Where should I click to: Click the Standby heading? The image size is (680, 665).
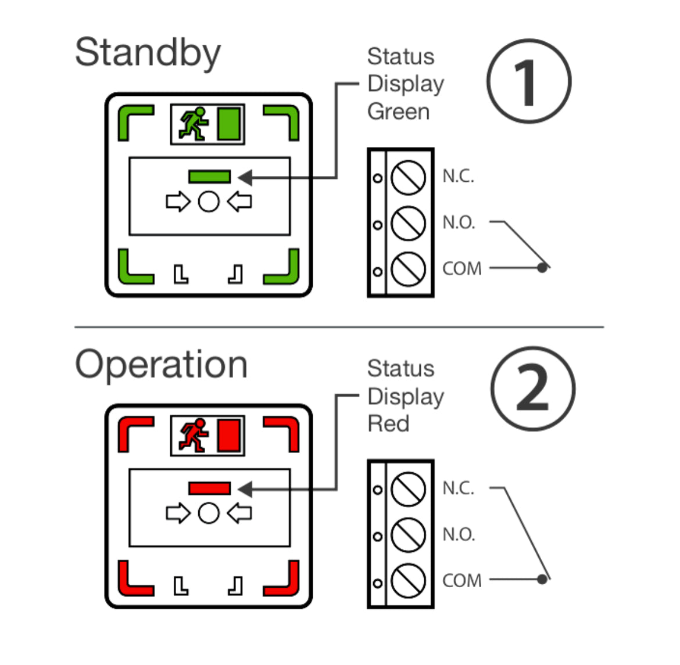coord(148,53)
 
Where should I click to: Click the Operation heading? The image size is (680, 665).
coord(161,365)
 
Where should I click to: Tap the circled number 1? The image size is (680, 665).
coord(528,81)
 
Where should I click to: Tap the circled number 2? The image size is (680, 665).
coord(532,389)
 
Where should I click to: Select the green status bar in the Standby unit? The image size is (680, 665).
coord(209,176)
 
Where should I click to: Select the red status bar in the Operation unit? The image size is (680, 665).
coord(209,488)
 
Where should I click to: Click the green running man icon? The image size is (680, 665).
coord(194,124)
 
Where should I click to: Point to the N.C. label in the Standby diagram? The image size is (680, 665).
coord(458,177)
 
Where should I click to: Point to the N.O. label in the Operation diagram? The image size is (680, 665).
coord(459,534)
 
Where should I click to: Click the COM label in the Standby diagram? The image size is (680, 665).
coord(462,269)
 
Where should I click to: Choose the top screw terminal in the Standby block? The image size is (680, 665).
coord(408,177)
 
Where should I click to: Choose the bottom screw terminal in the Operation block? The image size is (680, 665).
coord(408,580)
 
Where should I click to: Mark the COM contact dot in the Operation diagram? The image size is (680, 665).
coord(542,579)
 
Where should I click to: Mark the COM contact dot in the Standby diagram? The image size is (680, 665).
coord(542,268)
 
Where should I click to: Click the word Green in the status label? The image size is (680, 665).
coord(398,112)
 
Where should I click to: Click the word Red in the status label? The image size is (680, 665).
coord(388,423)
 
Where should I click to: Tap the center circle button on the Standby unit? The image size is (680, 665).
coord(209,202)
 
